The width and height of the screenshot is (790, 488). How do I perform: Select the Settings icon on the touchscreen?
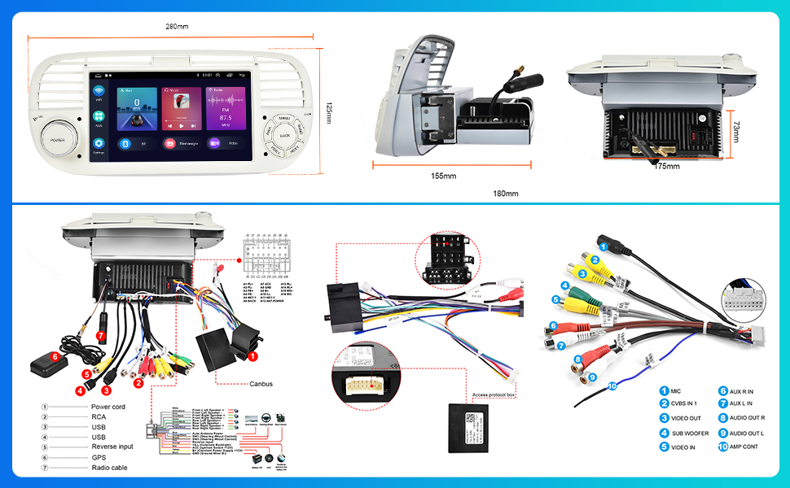tap(99, 144)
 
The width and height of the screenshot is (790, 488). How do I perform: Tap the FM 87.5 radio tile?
tap(225, 110)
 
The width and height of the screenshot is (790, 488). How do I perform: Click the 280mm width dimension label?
tap(177, 26)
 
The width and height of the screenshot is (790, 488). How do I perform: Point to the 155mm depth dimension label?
tap(444, 176)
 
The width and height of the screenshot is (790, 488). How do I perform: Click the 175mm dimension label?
tap(667, 166)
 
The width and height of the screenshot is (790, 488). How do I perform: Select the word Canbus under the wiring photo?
tap(261, 384)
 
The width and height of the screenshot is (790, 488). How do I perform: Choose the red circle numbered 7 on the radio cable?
tap(100, 335)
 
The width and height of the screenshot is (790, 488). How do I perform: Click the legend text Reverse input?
tap(112, 447)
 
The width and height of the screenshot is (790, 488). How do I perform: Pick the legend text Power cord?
tap(108, 407)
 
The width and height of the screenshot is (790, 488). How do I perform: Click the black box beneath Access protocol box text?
tap(472, 417)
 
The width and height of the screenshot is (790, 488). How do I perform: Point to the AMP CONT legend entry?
tap(743, 447)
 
